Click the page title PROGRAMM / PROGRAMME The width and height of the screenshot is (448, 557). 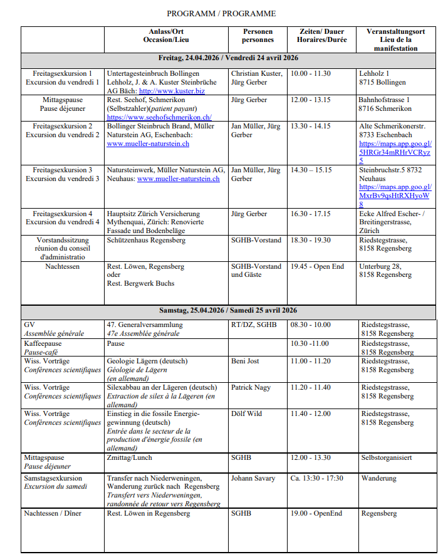pos(221,13)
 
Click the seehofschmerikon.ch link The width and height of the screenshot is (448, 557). pos(159,117)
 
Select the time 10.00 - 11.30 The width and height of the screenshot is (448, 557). pos(310,73)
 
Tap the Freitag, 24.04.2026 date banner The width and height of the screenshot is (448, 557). pos(228,58)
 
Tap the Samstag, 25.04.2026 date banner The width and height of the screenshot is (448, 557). pos(228,310)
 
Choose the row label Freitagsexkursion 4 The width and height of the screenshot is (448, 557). pos(63,214)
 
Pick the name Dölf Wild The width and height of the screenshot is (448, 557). pos(247,414)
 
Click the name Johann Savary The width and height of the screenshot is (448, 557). pos(253,479)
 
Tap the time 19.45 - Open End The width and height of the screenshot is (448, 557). pos(317,266)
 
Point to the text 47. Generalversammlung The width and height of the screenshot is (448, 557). pos(145,325)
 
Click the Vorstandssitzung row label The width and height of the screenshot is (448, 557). pos(63,240)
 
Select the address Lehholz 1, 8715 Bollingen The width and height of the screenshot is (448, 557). pos(382,78)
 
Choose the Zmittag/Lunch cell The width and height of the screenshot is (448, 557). pos(130,458)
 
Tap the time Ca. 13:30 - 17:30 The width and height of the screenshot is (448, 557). pos(317,479)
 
